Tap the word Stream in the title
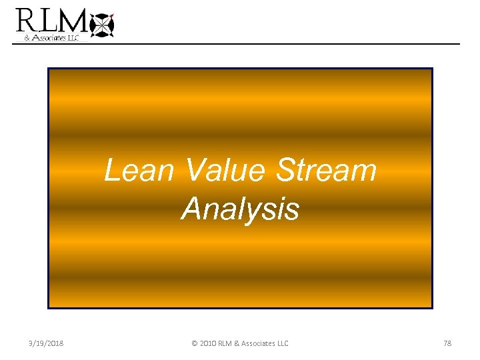click(327, 170)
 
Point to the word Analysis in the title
click(240, 209)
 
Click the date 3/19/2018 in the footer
click(46, 343)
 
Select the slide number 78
click(447, 343)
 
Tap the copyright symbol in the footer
click(194, 343)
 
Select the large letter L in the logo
click(49, 21)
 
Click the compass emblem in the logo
click(101, 25)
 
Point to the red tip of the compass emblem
click(112, 14)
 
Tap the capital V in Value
click(194, 170)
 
